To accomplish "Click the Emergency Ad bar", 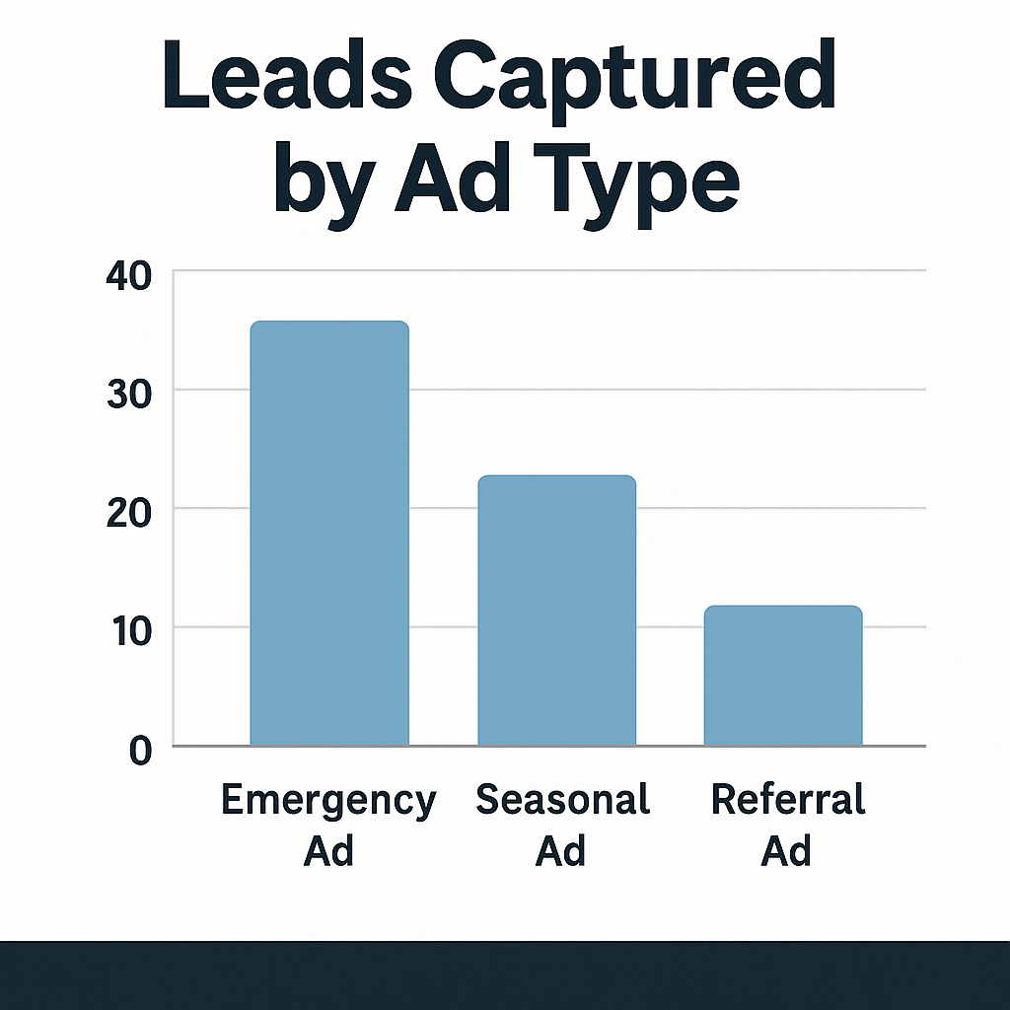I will coord(328,533).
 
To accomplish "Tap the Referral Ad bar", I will coord(783,676).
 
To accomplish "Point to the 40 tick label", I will coord(127,275).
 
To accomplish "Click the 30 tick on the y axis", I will coord(127,394).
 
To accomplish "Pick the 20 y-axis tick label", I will coord(127,512).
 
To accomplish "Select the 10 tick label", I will coord(127,630).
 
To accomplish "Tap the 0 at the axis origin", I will coord(140,751).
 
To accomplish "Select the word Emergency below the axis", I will coord(328,800).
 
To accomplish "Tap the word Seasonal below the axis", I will coord(563,799).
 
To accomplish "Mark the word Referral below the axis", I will coord(788,799).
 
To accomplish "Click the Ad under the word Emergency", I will coord(328,849).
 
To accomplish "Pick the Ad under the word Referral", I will coord(786,849).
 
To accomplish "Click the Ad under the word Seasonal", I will coord(560,849).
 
